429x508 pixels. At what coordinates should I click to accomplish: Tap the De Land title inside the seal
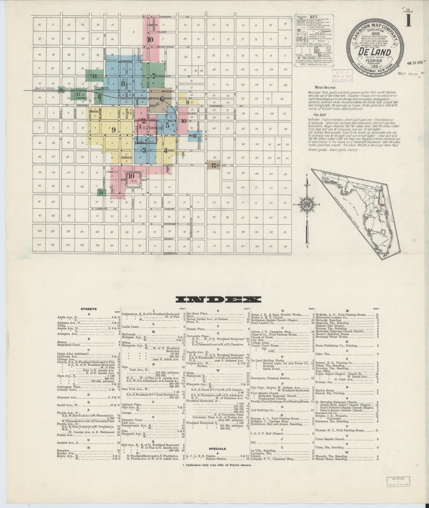pyautogui.click(x=375, y=52)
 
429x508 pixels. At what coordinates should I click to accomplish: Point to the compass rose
pyautogui.click(x=307, y=205)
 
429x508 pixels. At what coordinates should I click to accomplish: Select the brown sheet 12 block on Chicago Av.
pyautogui.click(x=214, y=165)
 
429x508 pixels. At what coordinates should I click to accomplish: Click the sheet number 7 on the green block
pyautogui.click(x=153, y=75)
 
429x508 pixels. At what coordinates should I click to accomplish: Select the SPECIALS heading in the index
pyautogui.click(x=218, y=449)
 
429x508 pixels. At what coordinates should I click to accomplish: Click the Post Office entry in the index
pyautogui.click(x=322, y=371)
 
